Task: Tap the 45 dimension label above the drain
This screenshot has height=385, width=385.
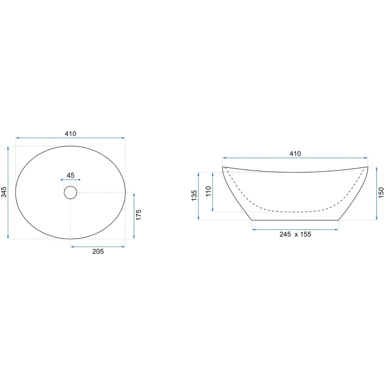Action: point(70,175)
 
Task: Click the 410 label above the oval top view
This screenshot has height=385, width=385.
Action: point(70,134)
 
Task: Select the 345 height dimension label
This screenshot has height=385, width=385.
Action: point(4,192)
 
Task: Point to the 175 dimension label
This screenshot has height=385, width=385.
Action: point(139,215)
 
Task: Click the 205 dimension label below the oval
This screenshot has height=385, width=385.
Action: point(98,251)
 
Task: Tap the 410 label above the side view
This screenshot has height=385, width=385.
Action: point(295,154)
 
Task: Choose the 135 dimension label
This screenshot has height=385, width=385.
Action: point(194,196)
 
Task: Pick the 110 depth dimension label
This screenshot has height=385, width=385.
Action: point(208,191)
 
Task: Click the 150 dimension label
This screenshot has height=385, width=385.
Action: point(381,192)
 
